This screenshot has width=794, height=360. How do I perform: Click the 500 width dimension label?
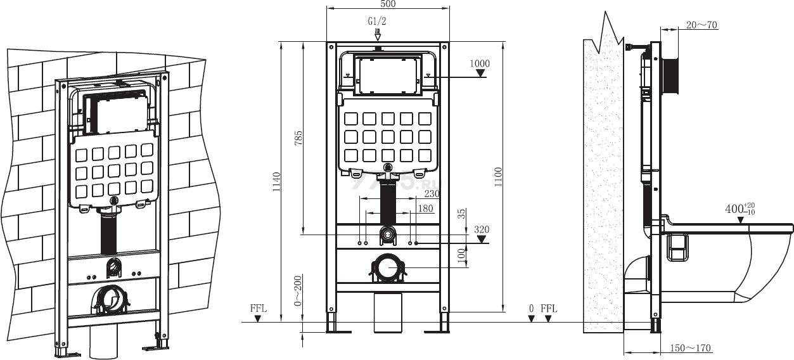(388, 4)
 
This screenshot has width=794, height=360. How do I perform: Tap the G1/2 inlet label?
(377, 22)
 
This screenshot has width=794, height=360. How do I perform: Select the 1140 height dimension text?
(276, 182)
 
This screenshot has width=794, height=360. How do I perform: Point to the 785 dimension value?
(298, 138)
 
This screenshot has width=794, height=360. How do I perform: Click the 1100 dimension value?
(498, 177)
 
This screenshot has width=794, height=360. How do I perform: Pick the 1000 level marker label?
(480, 63)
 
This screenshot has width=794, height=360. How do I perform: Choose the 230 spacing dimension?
(432, 194)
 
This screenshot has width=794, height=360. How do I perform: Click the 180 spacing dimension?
(426, 208)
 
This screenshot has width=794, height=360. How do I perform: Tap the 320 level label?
(482, 229)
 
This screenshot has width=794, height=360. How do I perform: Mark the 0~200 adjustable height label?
(298, 290)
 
